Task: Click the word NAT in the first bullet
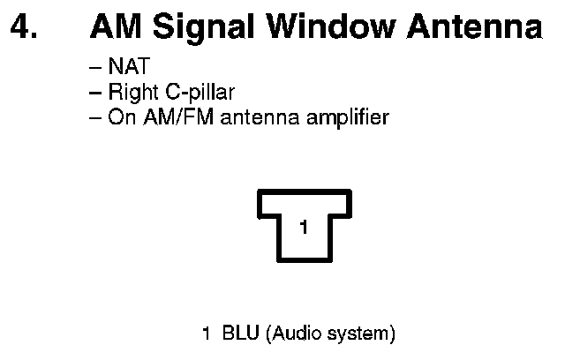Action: [x=124, y=66]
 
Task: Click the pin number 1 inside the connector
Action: [x=304, y=228]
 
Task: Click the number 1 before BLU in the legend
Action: [x=207, y=334]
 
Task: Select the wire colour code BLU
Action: [x=239, y=334]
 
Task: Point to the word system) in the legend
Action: [x=363, y=335]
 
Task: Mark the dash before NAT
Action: [x=95, y=67]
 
